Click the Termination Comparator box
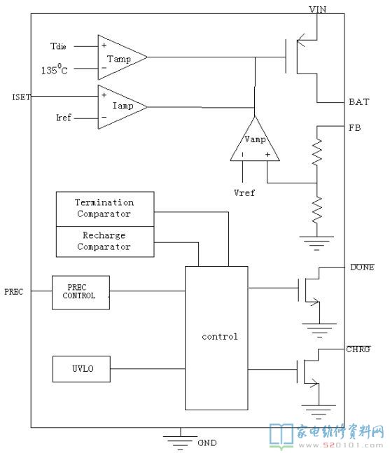point(105,209)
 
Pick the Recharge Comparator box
point(105,242)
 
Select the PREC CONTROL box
point(81,293)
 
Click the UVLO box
point(81,369)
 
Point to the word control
point(220,337)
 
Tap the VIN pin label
point(317,9)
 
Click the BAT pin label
point(358,102)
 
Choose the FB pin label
point(355,127)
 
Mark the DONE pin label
point(362,267)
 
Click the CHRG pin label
point(358,349)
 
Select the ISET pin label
point(21,97)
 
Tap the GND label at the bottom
point(207,442)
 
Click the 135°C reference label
point(55,69)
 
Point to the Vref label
point(244,193)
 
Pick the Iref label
point(64,118)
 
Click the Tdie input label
point(58,46)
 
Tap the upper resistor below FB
point(317,152)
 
